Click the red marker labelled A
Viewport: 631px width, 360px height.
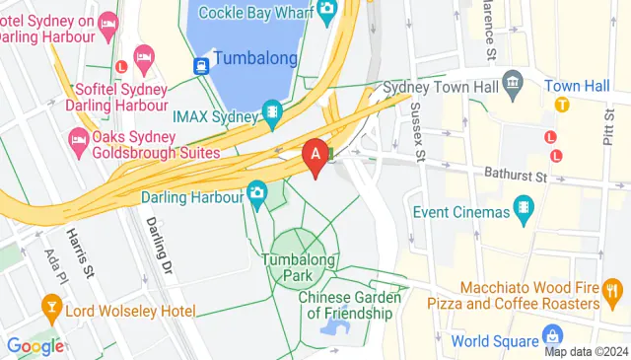[x=315, y=155]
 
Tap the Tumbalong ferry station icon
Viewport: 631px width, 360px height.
[x=201, y=65]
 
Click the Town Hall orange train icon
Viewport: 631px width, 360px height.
[x=562, y=105]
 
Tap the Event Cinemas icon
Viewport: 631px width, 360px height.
[x=523, y=209]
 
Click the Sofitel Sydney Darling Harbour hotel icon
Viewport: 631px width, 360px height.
[x=144, y=57]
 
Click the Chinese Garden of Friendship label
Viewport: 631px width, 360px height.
[x=349, y=305]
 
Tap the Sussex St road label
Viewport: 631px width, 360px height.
[x=417, y=131]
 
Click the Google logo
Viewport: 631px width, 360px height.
[x=35, y=346]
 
